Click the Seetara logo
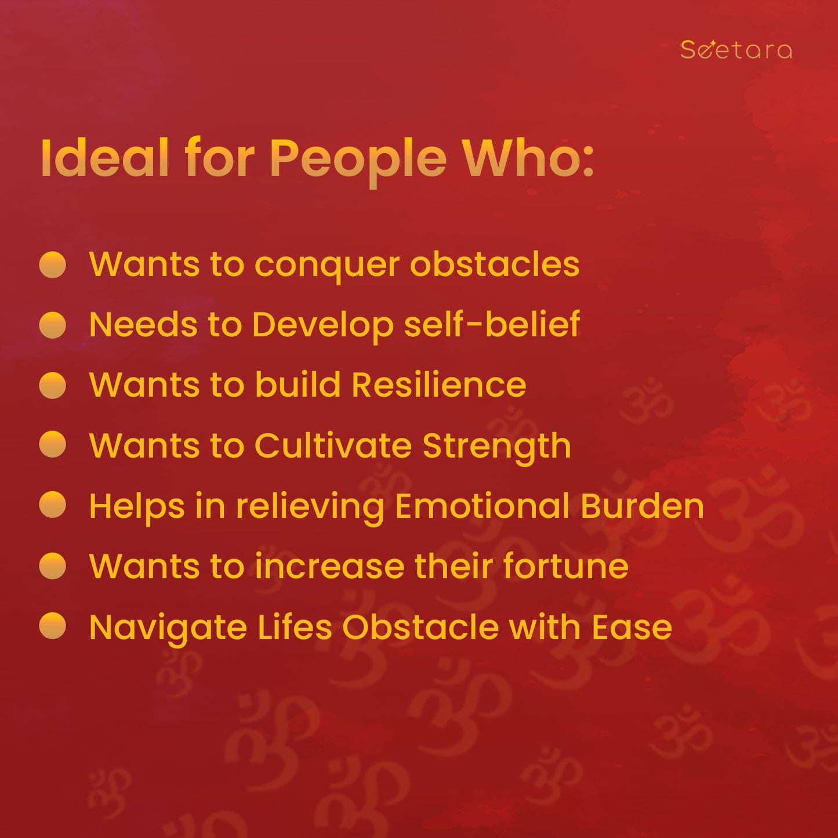(736, 49)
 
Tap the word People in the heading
(358, 162)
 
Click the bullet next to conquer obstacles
(53, 264)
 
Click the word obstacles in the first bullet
(495, 263)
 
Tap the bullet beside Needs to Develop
(53, 325)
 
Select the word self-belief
(492, 324)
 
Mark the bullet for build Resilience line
(53, 385)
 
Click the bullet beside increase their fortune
(53, 566)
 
